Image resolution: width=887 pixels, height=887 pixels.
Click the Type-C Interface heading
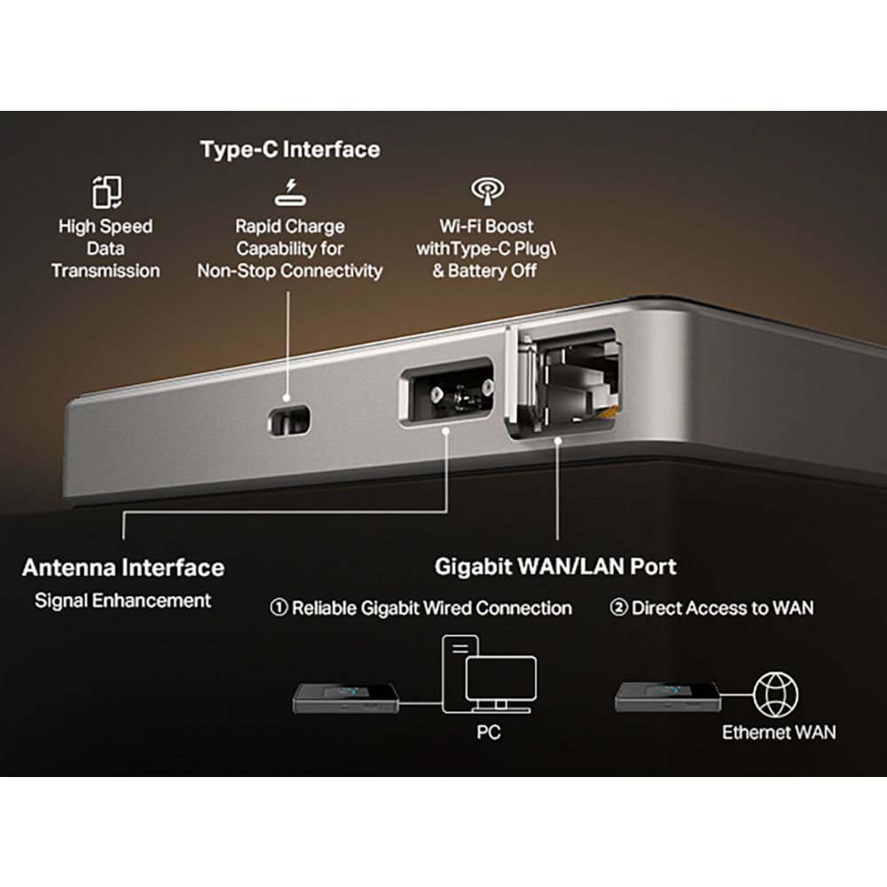290,150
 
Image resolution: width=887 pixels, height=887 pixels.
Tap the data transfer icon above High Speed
106,192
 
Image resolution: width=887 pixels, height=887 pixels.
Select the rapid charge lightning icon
290,192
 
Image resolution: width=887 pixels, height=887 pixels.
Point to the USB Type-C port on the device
288,420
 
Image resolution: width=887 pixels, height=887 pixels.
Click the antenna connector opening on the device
447,391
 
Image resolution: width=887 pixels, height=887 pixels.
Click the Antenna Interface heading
123,568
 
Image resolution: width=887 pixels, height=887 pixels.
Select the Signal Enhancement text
122,600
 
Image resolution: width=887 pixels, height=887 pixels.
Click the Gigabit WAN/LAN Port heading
555,567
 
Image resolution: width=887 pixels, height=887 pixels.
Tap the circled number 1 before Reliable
279,608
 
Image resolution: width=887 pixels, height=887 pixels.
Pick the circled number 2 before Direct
618,608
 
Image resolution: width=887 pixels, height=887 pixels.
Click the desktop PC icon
489,674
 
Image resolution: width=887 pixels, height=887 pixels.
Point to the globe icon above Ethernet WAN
775,695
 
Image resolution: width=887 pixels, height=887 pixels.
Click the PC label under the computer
489,733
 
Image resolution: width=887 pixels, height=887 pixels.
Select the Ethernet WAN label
779,733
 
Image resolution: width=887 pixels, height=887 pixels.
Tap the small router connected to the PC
346,698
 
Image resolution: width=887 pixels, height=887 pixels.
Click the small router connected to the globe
668,696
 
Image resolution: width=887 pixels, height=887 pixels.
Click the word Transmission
106,271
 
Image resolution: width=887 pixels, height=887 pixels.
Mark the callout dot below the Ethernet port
558,440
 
